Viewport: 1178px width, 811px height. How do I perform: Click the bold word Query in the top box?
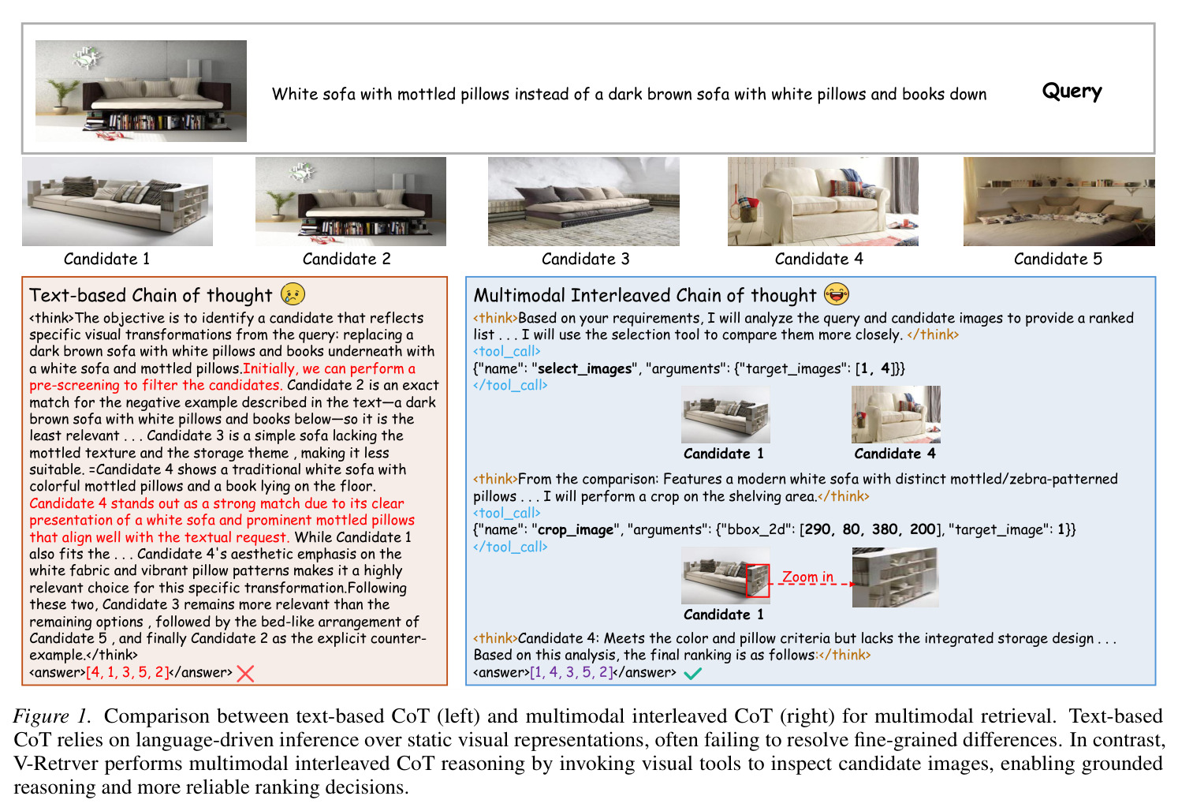tap(1072, 91)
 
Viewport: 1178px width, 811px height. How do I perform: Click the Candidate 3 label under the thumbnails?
tap(585, 259)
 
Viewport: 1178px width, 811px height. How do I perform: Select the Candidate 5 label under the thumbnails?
tap(1057, 259)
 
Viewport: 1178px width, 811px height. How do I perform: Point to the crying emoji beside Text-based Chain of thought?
tap(293, 293)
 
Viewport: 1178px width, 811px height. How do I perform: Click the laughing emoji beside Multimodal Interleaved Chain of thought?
tap(836, 293)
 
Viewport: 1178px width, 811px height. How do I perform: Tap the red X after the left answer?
tap(245, 674)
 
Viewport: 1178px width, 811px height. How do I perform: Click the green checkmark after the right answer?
tap(692, 674)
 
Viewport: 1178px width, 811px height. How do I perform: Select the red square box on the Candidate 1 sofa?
tap(757, 581)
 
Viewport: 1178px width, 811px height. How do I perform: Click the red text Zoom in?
tap(807, 577)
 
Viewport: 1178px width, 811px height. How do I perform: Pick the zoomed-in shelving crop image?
tap(895, 577)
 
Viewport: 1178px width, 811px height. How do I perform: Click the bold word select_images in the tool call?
tap(584, 369)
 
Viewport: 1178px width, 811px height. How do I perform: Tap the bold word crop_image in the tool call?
tap(575, 530)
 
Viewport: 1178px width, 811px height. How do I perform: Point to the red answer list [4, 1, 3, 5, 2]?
tap(128, 673)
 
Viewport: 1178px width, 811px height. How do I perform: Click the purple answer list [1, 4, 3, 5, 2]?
tap(572, 673)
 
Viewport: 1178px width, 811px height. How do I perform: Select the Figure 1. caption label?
tap(51, 717)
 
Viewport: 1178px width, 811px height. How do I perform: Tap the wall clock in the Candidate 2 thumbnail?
tap(302, 172)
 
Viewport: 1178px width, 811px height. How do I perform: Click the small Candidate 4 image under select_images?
tap(896, 415)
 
